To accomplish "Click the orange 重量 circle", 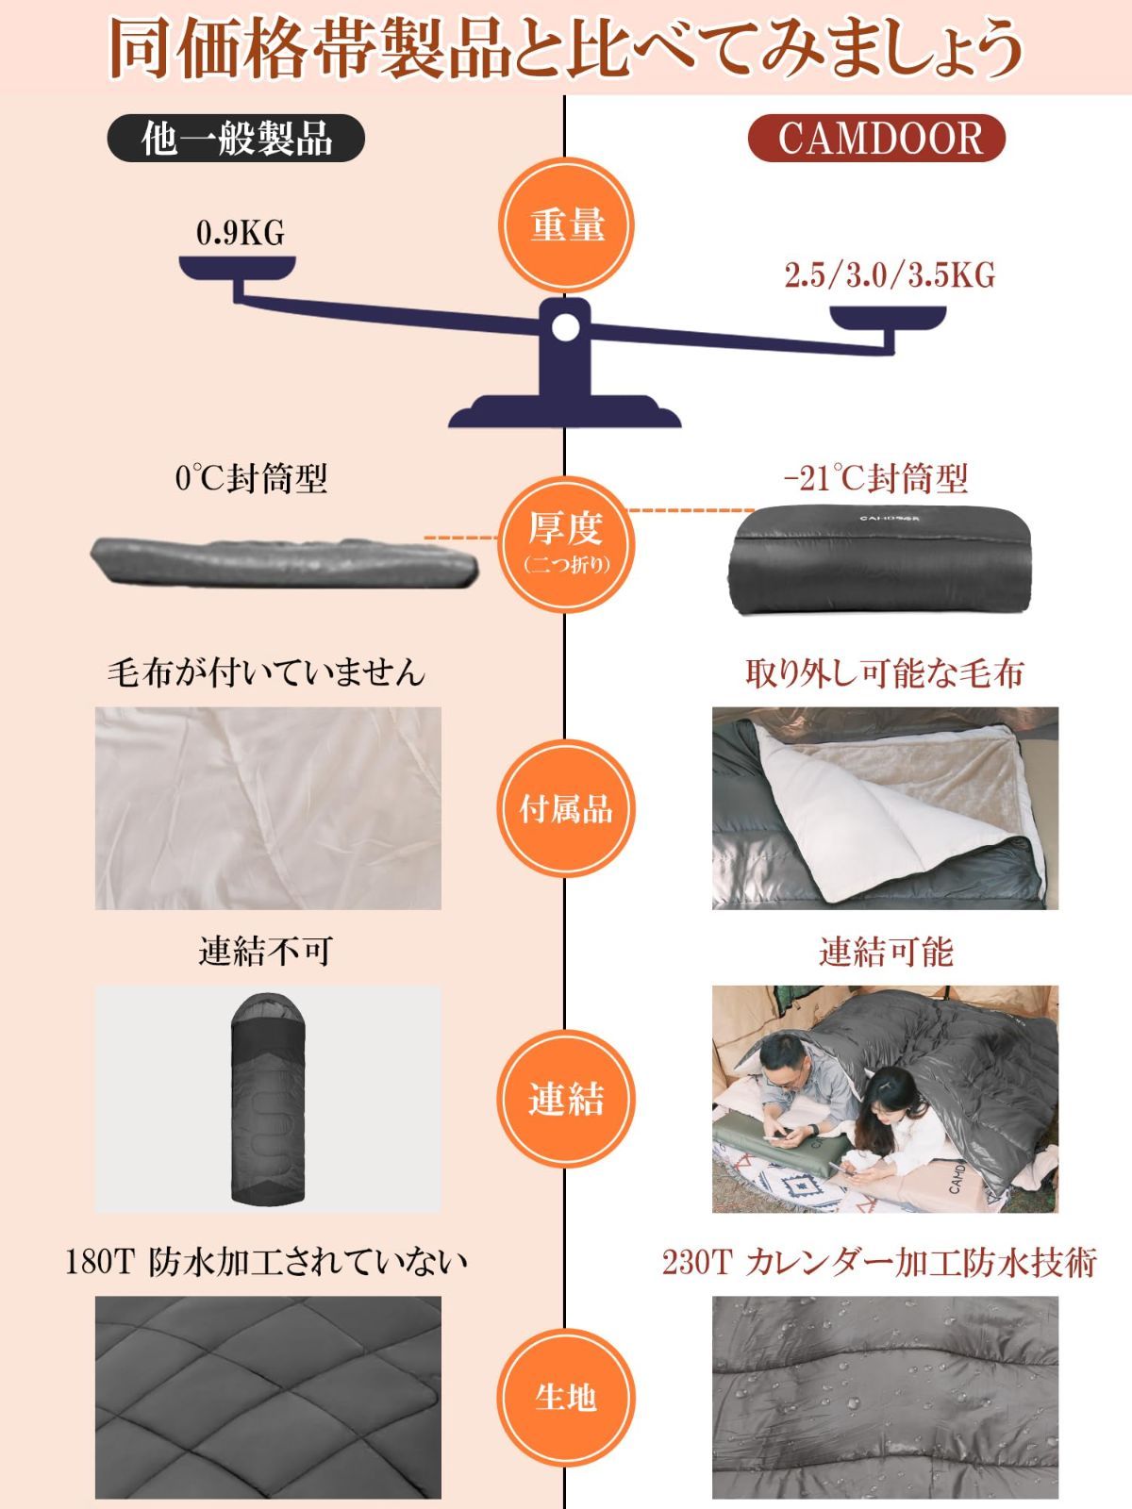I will (566, 227).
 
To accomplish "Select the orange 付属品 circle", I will (566, 808).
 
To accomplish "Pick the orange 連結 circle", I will (566, 1099).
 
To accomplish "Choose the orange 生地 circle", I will (566, 1396).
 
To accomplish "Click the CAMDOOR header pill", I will (876, 140).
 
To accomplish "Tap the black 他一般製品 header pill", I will (236, 140).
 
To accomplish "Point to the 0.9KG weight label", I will (241, 233).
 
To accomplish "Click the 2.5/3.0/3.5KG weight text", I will (890, 274).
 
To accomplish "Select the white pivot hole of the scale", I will (565, 327).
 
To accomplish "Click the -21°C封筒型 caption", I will (875, 479).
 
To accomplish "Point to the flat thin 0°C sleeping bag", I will (283, 563).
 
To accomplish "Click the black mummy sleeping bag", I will (267, 1099).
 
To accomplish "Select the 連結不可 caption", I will (266, 951).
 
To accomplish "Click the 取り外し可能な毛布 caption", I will (884, 673).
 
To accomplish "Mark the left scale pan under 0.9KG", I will (238, 269).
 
